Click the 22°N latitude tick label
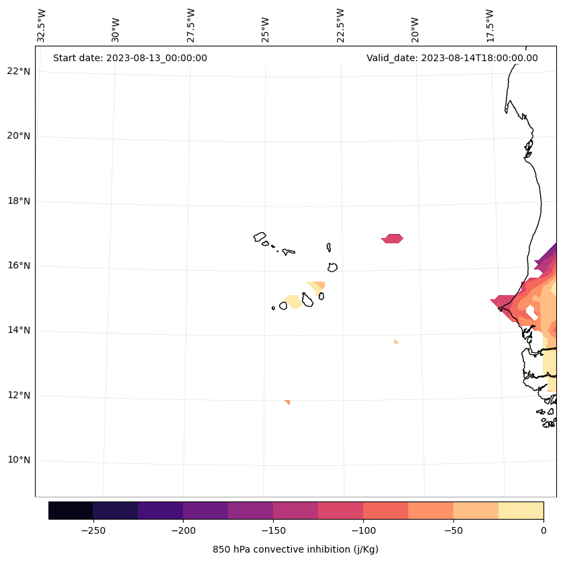[19, 71]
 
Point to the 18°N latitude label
[19, 201]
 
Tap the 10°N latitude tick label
[19, 460]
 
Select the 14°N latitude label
[19, 331]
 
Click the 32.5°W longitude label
[42, 26]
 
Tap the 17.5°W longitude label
[490, 26]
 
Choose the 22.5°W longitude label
[340, 26]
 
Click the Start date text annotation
[130, 58]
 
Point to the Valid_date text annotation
[452, 58]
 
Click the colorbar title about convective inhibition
[295, 549]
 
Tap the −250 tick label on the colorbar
[93, 530]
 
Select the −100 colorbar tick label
[363, 530]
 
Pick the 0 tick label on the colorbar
[543, 530]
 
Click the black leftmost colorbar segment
[71, 510]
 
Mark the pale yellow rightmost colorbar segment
[521, 510]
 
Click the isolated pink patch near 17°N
[392, 239]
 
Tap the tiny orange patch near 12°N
[287, 402]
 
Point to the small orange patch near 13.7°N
[396, 342]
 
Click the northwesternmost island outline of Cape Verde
[260, 237]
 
